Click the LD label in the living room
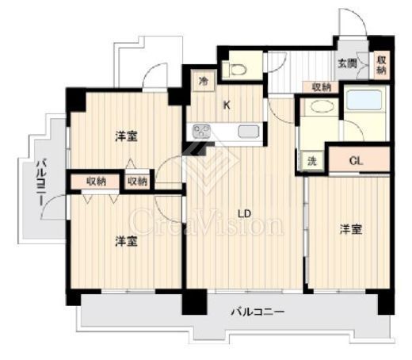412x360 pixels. pos(246,213)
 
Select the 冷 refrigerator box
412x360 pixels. pos(203,80)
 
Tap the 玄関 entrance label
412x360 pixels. pos(346,63)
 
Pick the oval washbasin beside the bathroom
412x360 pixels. pos(320,109)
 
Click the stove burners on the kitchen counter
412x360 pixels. pos(200,132)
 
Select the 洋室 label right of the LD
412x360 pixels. pos(352,230)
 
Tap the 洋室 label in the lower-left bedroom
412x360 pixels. pos(124,240)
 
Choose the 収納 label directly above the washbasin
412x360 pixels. pos(321,87)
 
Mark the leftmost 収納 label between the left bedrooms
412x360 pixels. pos(97,182)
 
